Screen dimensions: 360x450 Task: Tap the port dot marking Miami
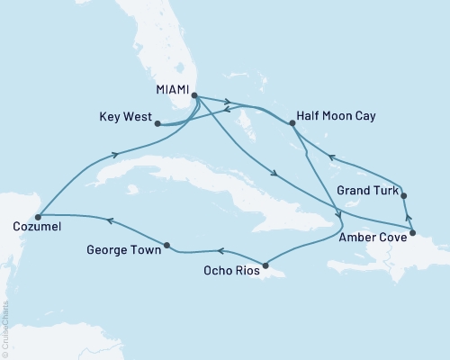coord(193,94)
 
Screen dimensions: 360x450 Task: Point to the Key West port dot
coord(157,124)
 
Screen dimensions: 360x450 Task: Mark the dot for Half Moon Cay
coord(293,124)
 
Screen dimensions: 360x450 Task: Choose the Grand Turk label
coord(364,190)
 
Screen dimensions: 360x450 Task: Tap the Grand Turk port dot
coord(403,195)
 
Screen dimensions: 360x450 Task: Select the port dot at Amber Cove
coord(412,235)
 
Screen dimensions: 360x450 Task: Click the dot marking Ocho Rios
coord(264,264)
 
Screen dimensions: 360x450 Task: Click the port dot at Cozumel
coord(38,216)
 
